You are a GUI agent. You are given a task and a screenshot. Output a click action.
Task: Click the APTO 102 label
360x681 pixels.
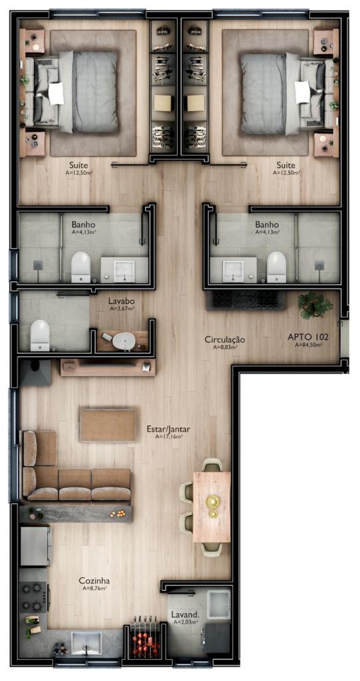point(308,337)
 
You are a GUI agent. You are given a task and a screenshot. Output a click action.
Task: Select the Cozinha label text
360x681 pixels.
point(94,581)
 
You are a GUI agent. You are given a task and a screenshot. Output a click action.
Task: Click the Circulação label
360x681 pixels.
point(225,340)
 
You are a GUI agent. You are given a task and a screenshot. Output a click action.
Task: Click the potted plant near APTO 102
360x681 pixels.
point(315,304)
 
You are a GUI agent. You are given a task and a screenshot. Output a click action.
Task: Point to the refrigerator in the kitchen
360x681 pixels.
point(36,546)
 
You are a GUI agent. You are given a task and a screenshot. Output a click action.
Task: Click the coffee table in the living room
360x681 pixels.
point(107,425)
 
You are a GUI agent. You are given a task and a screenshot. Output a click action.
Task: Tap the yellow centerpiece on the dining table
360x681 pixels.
point(213,504)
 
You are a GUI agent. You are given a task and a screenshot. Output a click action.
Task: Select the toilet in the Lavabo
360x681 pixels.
point(40,335)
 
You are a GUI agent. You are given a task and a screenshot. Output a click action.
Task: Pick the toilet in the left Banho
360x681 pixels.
point(81,267)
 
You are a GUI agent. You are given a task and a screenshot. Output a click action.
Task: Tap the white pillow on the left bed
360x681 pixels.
point(56,93)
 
